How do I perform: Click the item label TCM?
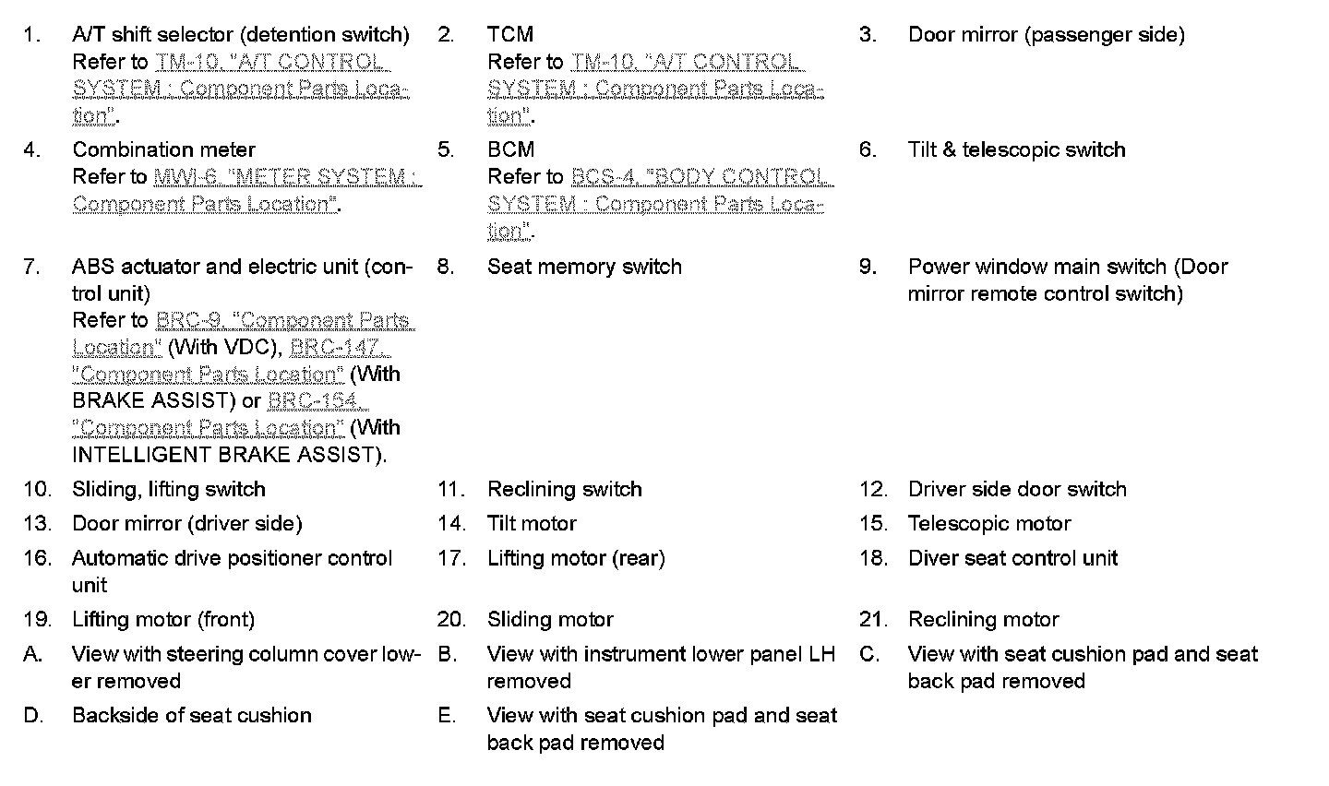coord(510,35)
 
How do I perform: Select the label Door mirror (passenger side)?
coord(1046,35)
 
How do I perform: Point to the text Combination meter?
coord(163,150)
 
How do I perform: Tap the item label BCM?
coord(510,150)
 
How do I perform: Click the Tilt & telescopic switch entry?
coord(1016,150)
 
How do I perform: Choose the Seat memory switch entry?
coord(584,268)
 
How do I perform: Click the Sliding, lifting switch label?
coord(169,490)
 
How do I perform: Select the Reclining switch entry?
coord(564,490)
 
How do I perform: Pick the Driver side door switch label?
coord(1017,490)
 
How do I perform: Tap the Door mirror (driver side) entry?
coord(186,524)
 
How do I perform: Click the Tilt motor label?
coord(532,524)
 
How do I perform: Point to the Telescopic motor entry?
coord(989,524)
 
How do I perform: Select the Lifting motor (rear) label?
coord(576,558)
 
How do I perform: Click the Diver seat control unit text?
coord(1012,558)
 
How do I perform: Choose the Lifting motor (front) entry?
coord(163,620)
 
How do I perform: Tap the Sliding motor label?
coord(550,620)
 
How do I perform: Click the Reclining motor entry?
coord(983,620)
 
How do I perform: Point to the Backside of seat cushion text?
coord(192,716)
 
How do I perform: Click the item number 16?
coord(37,558)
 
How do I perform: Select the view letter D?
coord(33,716)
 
